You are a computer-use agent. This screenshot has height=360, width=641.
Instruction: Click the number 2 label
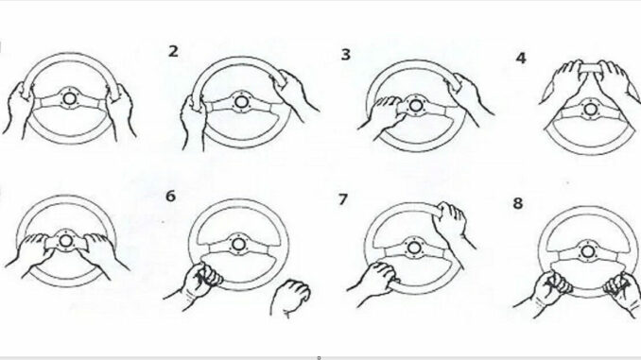[x=173, y=51]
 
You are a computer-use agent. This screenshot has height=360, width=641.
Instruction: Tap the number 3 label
[x=346, y=55]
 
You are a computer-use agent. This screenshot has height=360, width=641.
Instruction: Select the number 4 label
[x=520, y=59]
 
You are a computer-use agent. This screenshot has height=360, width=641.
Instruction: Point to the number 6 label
[x=170, y=197]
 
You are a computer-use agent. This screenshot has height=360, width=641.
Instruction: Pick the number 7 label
[x=343, y=199]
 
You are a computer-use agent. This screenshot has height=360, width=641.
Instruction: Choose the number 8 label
[x=518, y=203]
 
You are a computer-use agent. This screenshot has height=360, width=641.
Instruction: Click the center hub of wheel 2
[x=240, y=102]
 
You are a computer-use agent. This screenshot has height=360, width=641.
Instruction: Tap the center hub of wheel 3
[x=416, y=106]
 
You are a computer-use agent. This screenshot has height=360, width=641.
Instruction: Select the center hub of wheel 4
[x=590, y=109]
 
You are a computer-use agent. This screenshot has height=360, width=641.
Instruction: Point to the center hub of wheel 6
[x=238, y=245]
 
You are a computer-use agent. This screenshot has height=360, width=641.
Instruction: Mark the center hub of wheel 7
[x=414, y=248]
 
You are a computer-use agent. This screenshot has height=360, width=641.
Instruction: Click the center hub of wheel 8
[x=587, y=251]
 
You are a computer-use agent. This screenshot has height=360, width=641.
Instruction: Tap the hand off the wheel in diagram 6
[x=290, y=297]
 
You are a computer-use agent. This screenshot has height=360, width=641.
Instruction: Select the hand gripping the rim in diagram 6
[x=197, y=283]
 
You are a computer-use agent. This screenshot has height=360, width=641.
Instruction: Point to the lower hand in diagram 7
[x=374, y=282]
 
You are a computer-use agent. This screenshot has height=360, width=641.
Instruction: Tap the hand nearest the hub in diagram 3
[x=382, y=116]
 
